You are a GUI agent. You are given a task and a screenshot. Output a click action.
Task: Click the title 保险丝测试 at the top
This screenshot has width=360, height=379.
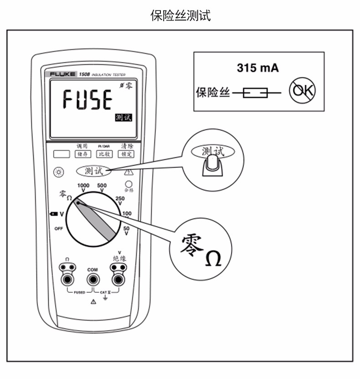[180, 16]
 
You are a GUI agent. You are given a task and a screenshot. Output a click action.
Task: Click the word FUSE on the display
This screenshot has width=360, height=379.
[87, 99]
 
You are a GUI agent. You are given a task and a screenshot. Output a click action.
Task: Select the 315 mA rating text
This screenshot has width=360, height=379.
[257, 68]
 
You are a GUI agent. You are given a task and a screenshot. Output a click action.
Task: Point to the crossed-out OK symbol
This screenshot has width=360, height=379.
[302, 93]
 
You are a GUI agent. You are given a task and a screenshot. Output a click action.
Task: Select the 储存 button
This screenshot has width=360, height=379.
[82, 154]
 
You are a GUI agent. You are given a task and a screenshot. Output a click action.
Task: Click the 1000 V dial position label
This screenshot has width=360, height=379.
[83, 187]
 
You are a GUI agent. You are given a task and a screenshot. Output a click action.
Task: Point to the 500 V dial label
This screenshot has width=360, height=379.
[102, 187]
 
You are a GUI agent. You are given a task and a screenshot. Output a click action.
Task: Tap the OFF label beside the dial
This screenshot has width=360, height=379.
[58, 228]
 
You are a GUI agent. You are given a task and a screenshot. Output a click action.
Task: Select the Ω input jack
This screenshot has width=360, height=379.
[67, 279]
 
